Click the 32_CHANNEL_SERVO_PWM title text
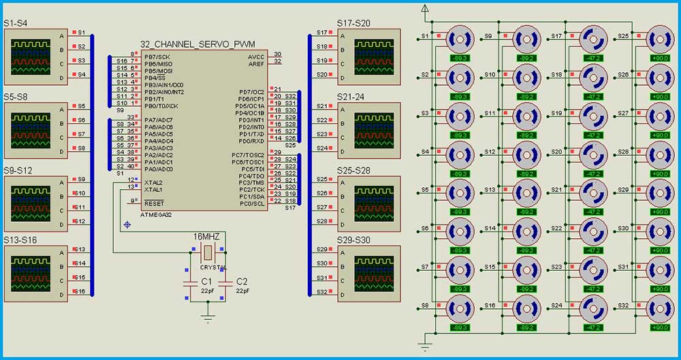pyautogui.click(x=197, y=44)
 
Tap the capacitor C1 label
pyautogui.click(x=206, y=282)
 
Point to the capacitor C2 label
pyautogui.click(x=242, y=282)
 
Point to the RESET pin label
pyautogui.click(x=154, y=203)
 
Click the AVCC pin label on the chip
pyautogui.click(x=256, y=56)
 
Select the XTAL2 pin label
pyautogui.click(x=153, y=182)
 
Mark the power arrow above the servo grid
pyautogui.click(x=426, y=9)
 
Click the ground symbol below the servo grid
pyautogui.click(x=426, y=347)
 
